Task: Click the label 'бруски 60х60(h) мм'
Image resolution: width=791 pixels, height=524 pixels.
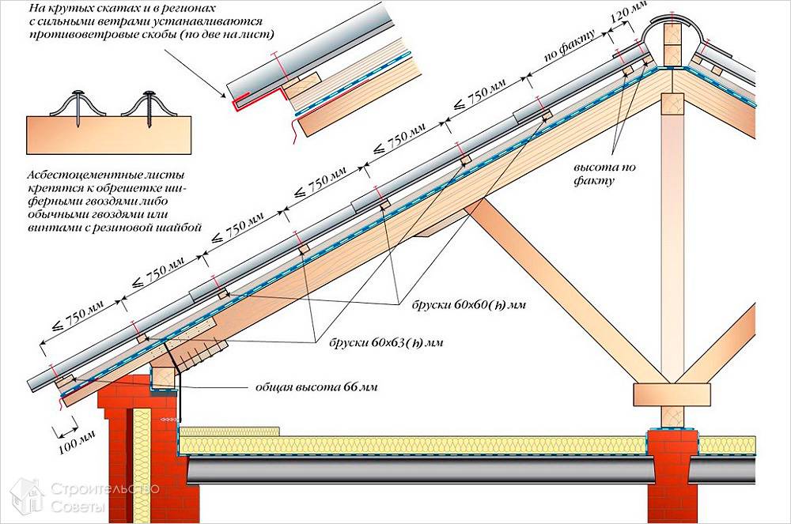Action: [468, 304]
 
